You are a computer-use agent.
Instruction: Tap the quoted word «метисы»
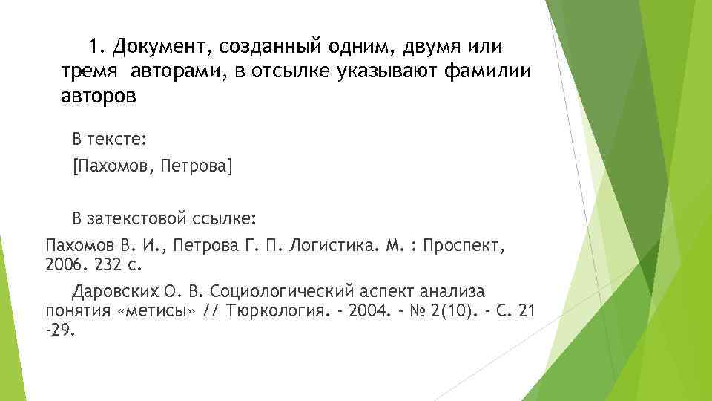(157, 309)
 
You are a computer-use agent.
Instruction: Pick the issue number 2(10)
(446, 309)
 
